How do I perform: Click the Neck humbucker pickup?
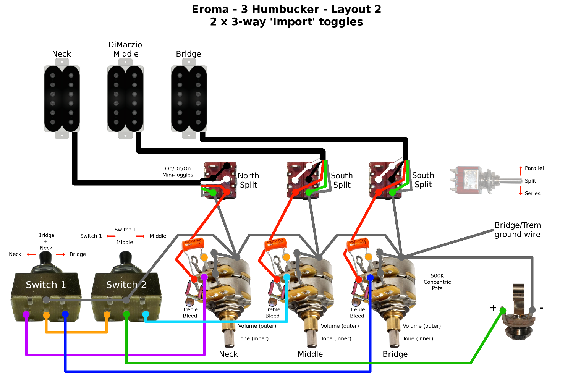point(62,99)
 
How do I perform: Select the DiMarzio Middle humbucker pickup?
point(125,99)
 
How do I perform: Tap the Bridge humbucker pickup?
point(189,99)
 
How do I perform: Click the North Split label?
point(248,180)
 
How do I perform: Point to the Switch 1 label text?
point(46,285)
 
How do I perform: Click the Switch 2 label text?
point(126,285)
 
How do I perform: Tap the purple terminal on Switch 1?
point(26,315)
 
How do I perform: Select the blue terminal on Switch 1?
point(65,314)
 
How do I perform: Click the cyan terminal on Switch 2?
point(146,314)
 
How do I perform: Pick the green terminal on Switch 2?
point(126,314)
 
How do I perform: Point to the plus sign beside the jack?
point(493,308)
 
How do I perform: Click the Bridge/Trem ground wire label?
point(518,230)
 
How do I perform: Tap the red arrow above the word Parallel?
point(520,170)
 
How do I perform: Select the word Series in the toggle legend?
point(533,193)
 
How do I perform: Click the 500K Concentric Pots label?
point(437,282)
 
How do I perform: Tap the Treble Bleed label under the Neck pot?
point(190,312)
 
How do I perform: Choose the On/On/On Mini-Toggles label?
point(178,172)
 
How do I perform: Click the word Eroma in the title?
point(210,9)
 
